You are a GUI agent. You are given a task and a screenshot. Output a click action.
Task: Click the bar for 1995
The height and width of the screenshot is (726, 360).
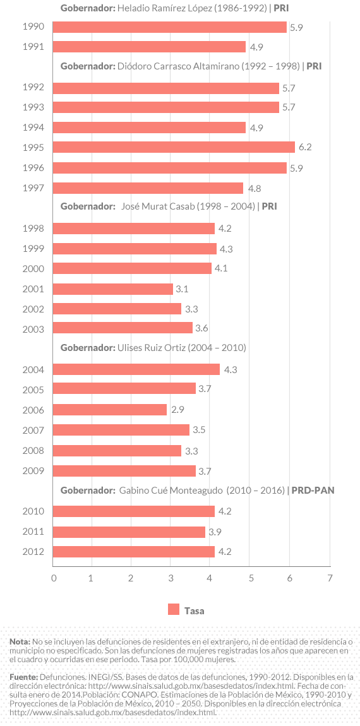tap(174, 147)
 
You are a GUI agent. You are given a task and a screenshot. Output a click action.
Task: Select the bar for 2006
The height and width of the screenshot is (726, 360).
tap(110, 410)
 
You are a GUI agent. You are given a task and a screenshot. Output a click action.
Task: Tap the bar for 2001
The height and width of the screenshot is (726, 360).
tap(113, 289)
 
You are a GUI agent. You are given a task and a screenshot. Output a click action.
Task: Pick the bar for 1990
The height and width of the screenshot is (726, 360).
tap(169, 27)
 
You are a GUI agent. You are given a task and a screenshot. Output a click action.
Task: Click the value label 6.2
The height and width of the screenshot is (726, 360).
tap(305, 147)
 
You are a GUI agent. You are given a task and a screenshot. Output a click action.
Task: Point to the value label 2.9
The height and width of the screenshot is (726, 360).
tap(177, 410)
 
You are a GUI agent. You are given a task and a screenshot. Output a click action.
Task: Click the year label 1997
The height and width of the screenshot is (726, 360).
tap(33, 188)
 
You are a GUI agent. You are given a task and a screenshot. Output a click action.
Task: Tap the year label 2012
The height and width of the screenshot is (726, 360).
tap(33, 552)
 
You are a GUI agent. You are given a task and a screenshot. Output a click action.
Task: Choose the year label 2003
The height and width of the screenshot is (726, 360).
tap(33, 330)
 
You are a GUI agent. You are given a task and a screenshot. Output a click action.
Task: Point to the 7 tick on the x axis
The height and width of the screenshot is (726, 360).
tap(329, 578)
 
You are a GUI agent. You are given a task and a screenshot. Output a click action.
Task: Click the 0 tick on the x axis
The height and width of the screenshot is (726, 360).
tap(54, 578)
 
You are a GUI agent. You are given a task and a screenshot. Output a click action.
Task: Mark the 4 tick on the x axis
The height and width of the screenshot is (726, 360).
tap(210, 578)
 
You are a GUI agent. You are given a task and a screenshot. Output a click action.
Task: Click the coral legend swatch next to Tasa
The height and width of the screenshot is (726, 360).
tap(174, 609)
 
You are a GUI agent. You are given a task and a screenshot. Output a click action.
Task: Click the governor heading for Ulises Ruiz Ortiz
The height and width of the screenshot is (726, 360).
tap(153, 348)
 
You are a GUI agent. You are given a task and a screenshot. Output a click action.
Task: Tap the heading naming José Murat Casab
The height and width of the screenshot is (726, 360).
tap(168, 206)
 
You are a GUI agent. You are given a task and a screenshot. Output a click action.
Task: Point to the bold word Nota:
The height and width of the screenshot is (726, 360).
tap(20, 641)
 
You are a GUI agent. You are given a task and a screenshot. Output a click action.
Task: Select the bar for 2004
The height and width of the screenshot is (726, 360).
tap(136, 369)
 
